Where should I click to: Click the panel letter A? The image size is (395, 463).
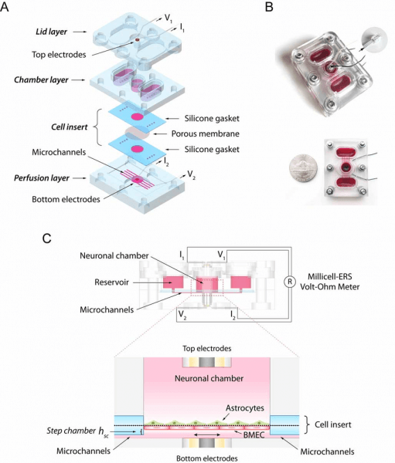5,6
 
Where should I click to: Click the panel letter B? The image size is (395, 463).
269,6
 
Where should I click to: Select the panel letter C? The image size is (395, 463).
46,238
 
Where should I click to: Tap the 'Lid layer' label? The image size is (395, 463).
52,32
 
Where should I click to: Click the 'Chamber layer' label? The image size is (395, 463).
41,79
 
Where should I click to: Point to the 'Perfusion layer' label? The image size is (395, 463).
42,178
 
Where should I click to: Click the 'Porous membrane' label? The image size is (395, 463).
206,133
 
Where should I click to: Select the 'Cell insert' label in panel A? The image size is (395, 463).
70,127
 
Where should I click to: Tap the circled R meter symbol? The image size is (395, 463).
290,282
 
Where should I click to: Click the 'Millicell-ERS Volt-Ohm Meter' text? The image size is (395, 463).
330,282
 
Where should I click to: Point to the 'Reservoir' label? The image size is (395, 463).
111,282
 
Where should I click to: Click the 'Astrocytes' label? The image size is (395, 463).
245,408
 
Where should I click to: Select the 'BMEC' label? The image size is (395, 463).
254,434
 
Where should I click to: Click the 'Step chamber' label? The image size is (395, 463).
71,431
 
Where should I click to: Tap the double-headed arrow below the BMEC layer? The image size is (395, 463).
207,435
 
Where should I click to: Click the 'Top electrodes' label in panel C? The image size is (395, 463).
207,349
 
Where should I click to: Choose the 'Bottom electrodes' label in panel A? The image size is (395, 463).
66,199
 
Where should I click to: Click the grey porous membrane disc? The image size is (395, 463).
137,133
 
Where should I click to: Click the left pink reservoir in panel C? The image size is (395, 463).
173,282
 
